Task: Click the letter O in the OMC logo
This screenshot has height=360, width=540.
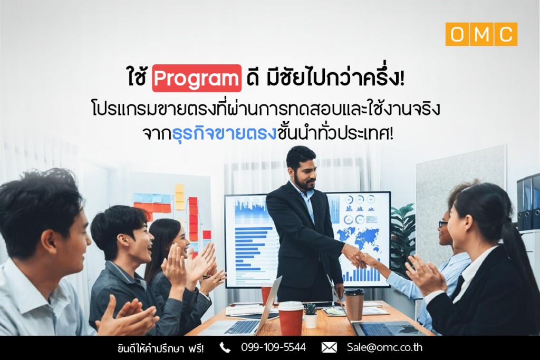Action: [457, 34]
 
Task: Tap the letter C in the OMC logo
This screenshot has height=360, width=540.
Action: [506, 34]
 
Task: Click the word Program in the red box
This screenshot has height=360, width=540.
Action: [197, 79]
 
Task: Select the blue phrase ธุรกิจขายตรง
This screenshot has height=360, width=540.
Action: [224, 133]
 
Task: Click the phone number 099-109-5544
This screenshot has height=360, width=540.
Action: [274, 347]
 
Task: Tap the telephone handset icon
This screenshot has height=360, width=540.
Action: [225, 347]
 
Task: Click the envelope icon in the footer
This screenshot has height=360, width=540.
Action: [329, 347]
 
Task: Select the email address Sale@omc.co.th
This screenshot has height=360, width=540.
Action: [384, 347]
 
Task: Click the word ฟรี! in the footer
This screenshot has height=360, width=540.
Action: [196, 348]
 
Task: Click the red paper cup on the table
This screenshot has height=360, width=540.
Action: [291, 318]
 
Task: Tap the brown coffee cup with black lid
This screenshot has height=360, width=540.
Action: [354, 304]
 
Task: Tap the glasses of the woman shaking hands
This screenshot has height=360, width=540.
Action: [442, 225]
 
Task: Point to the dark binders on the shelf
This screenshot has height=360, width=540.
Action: [528, 202]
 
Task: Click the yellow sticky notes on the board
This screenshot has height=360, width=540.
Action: [180, 197]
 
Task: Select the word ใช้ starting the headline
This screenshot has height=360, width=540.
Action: [137, 77]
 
